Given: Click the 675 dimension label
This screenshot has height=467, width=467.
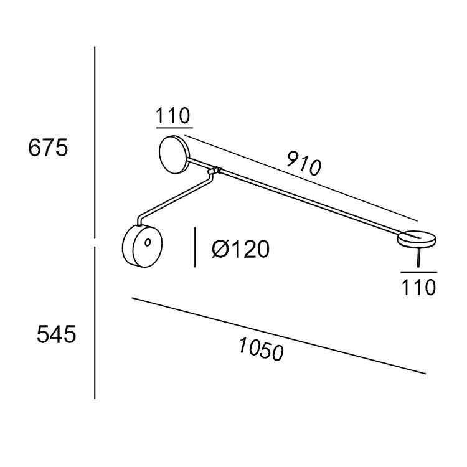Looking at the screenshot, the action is point(48,148).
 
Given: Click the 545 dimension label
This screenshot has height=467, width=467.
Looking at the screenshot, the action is point(56,334).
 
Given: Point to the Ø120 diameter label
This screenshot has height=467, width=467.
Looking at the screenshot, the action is point(240,249).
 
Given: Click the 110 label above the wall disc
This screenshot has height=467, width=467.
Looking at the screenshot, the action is point(172,116).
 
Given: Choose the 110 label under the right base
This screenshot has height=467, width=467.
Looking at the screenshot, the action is point(419,287).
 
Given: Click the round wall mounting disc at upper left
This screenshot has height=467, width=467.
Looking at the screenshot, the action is point(173,154).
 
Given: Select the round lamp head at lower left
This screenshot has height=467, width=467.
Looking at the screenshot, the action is point(143,246).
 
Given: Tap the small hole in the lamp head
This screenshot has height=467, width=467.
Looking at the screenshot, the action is point(148,242).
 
